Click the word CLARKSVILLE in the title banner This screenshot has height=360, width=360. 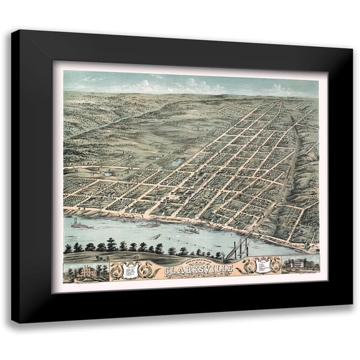198,270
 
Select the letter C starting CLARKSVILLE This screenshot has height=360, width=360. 167,271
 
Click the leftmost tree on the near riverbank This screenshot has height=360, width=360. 67,248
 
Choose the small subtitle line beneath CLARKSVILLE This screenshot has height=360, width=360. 199,276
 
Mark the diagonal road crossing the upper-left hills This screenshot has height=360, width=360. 100,125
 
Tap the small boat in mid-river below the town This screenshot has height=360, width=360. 156,236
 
